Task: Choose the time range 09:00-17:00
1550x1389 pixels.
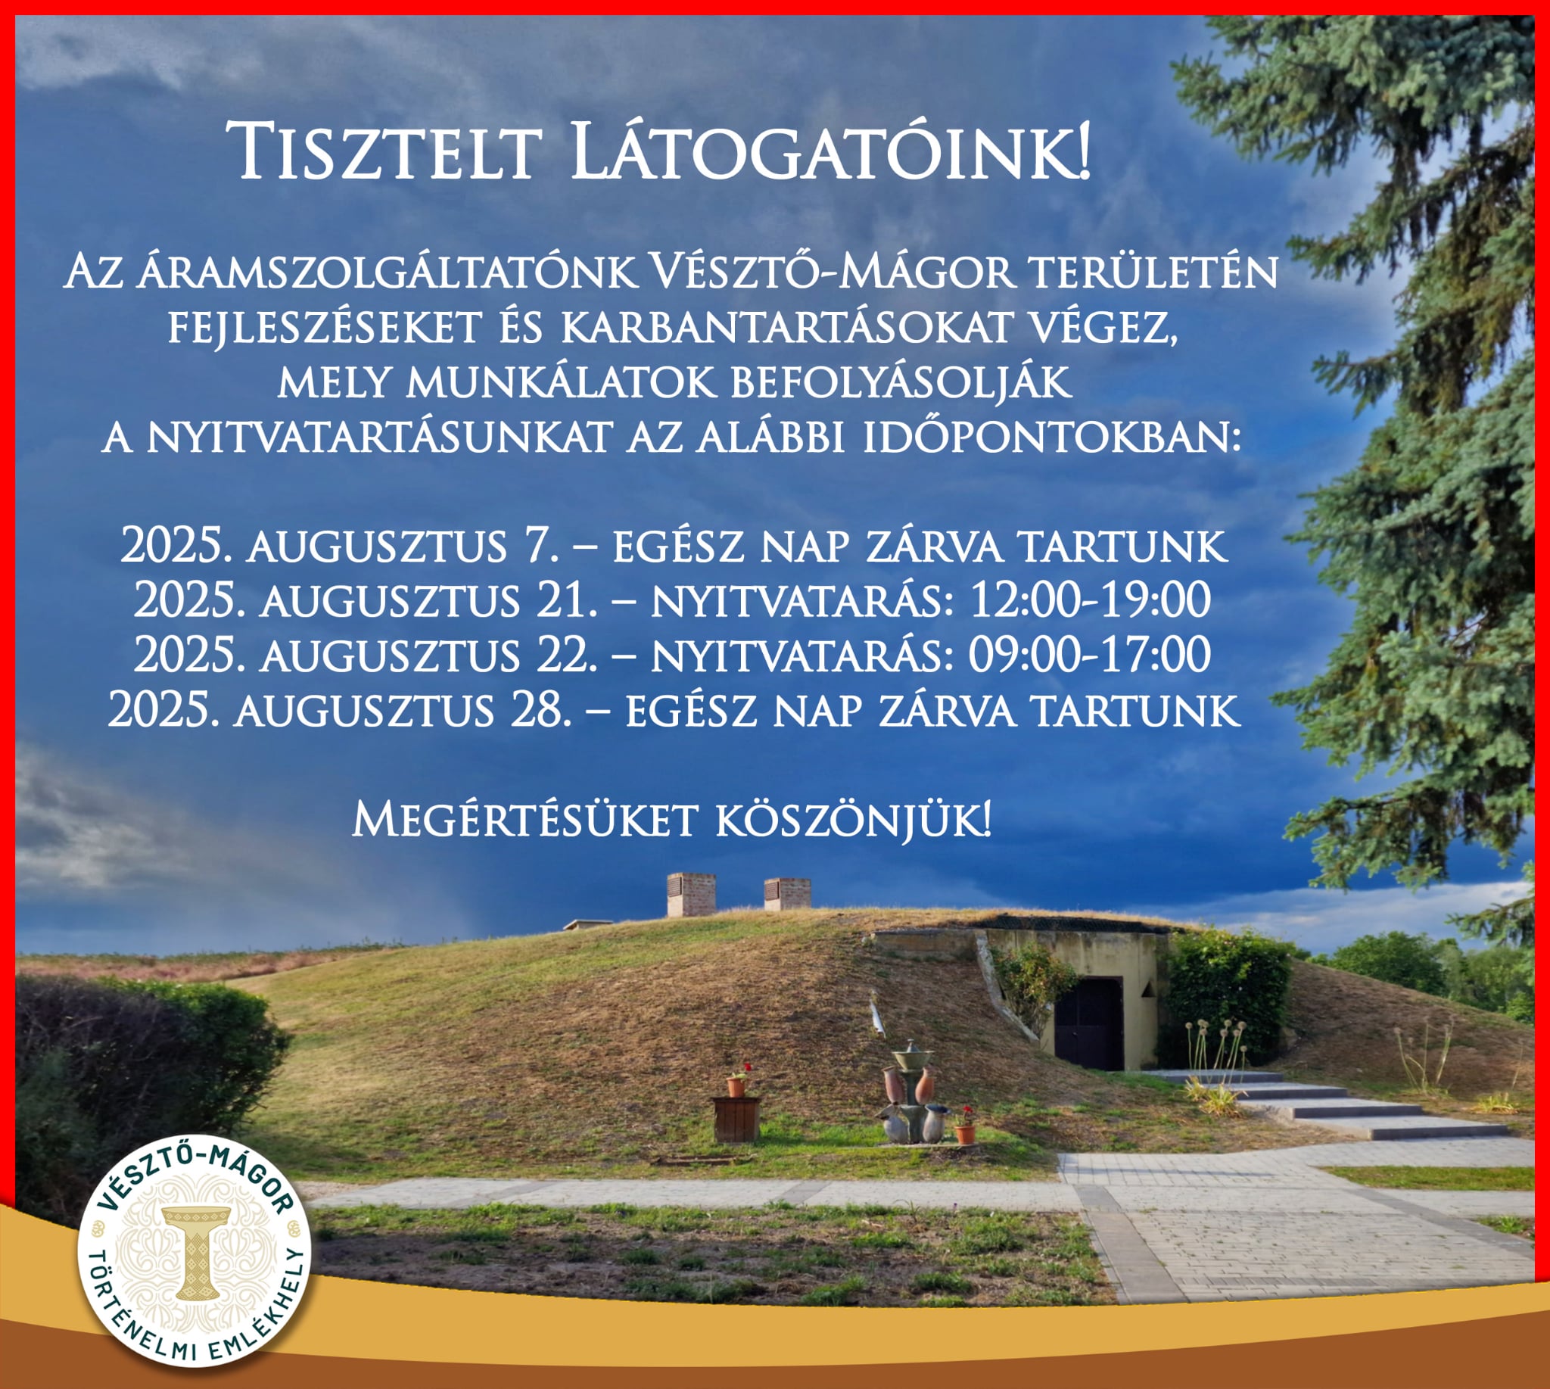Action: point(1090,654)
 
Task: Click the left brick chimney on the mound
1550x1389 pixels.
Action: point(691,895)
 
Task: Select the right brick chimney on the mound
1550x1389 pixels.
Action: point(787,894)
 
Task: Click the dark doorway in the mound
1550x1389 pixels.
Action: point(1090,1023)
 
